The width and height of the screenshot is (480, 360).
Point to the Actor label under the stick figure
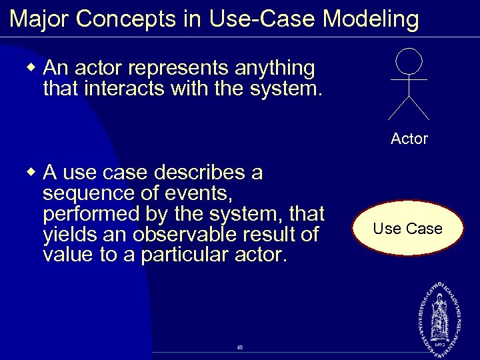point(409,139)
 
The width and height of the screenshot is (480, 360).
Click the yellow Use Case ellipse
point(407,229)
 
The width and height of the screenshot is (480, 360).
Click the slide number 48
point(239,347)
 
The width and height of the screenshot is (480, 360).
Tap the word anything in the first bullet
point(273,69)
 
